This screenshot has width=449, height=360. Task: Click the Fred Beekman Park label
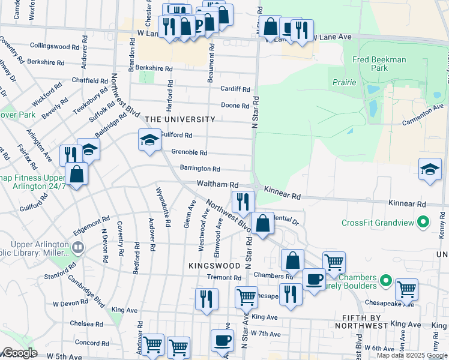click(x=379, y=64)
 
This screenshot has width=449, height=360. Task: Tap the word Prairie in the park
click(x=342, y=82)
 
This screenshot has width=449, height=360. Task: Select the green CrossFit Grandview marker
click(x=423, y=223)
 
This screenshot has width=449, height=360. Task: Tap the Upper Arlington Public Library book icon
click(x=77, y=247)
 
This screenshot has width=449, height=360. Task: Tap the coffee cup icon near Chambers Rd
click(x=313, y=279)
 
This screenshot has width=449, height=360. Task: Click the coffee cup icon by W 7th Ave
click(x=222, y=340)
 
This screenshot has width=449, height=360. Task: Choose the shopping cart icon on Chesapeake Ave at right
click(x=406, y=289)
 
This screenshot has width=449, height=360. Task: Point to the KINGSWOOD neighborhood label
click(x=214, y=265)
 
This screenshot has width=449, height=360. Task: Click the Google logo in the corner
click(x=20, y=353)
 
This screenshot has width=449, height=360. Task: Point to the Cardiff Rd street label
click(x=234, y=89)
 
